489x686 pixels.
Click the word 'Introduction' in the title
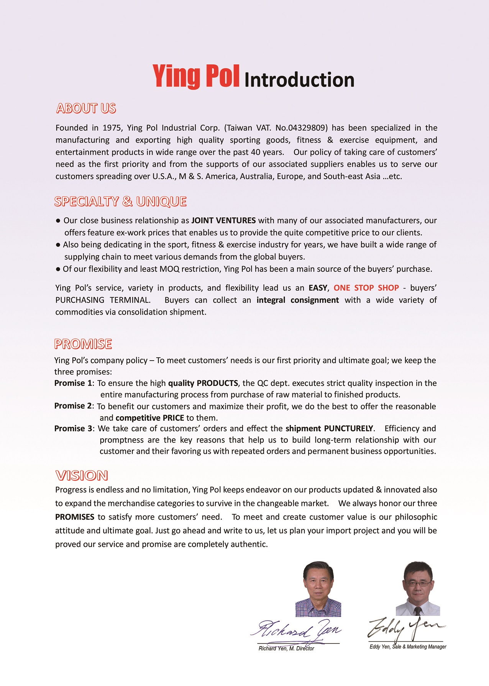299,80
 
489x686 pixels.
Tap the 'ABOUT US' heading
86,108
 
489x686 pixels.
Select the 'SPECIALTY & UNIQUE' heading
120,202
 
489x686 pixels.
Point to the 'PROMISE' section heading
83,344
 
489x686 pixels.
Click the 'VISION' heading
82,476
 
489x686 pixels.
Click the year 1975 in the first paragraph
112,128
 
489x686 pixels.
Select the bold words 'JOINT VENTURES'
223,220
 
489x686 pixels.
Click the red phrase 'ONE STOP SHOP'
366,288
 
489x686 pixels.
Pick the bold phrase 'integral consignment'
298,300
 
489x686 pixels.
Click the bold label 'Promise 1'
73,383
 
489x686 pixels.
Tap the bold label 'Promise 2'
73,406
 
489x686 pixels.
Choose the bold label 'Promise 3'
73,428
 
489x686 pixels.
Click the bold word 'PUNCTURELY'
348,428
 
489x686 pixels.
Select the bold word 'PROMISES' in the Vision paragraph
75,517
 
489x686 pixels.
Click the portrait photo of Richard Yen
318,589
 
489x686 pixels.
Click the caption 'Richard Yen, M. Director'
286,648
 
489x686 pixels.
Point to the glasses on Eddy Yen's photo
418,584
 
